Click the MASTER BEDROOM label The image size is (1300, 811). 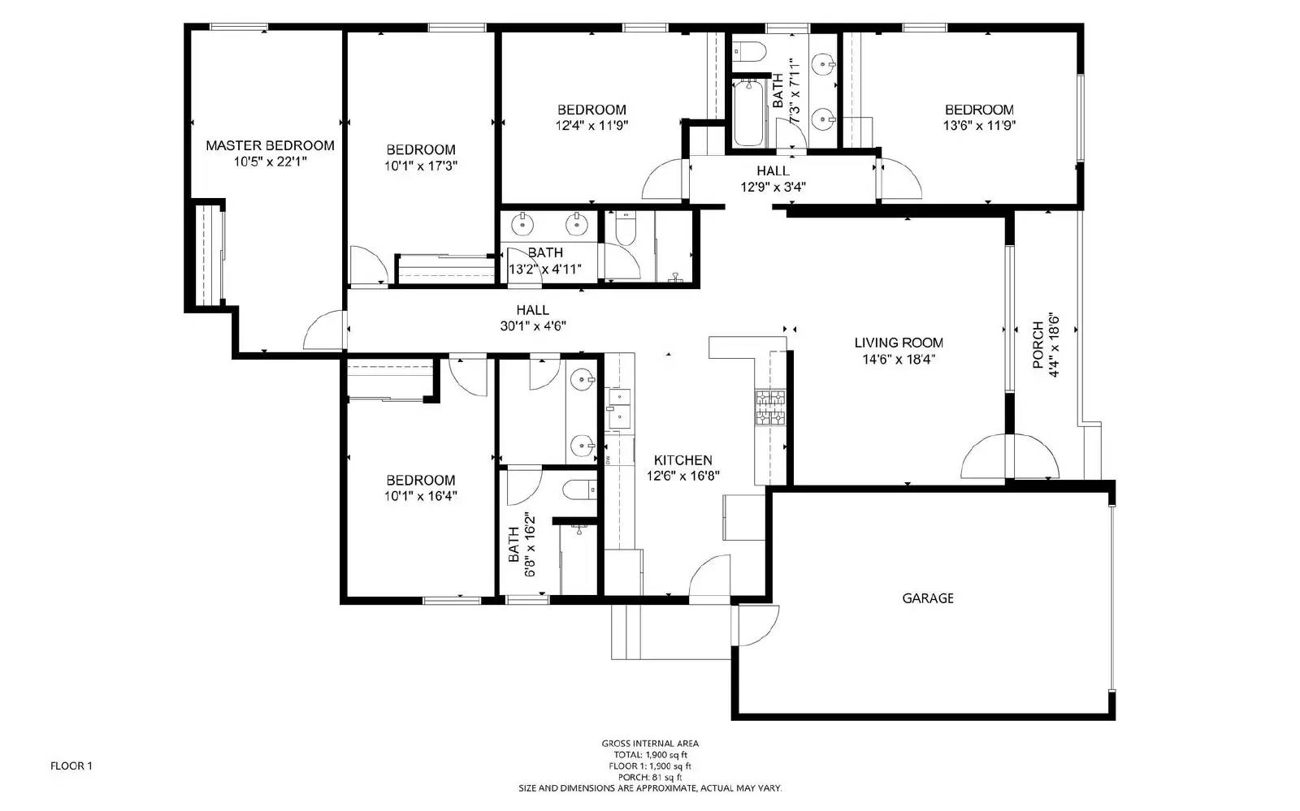(270, 145)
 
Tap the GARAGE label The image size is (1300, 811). (927, 598)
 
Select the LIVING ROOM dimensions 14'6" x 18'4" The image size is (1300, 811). (898, 360)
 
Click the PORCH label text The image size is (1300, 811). (1038, 345)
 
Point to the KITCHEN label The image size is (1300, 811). (682, 460)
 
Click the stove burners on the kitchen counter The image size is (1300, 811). (771, 408)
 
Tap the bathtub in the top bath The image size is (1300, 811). (748, 114)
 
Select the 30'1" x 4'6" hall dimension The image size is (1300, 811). (532, 326)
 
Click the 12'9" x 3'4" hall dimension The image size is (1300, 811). (773, 187)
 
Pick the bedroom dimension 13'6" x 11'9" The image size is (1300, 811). (979, 125)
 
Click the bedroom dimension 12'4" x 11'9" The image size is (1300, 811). (591, 125)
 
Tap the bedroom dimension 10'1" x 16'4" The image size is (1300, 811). (420, 496)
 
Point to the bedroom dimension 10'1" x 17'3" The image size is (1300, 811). (420, 166)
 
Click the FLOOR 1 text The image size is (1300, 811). (71, 766)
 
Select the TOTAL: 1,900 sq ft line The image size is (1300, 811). (649, 754)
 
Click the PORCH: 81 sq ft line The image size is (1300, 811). (649, 777)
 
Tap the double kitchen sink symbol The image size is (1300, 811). (619, 407)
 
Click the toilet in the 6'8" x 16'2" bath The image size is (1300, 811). (579, 490)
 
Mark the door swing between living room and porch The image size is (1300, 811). (1010, 459)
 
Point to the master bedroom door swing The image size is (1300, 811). (325, 331)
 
